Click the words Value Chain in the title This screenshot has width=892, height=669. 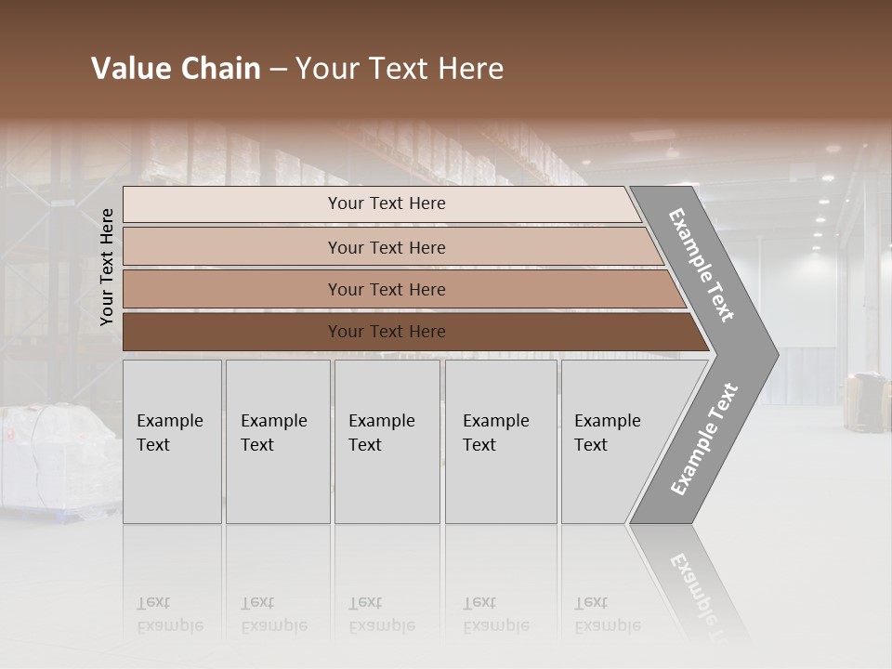coord(176,69)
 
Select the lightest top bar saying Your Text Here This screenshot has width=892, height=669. coord(387,203)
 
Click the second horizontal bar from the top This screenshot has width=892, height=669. coord(387,247)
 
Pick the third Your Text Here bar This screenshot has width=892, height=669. coord(387,290)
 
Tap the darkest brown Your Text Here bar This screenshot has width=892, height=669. coord(387,332)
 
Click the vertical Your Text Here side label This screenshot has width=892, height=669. coord(107,267)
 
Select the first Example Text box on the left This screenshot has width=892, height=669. coord(172,441)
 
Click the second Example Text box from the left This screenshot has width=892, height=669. coord(277,441)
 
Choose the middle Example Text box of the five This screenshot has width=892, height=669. coord(387,441)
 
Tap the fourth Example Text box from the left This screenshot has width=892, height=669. coord(500,441)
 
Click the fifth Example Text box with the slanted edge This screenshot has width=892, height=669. coord(613,441)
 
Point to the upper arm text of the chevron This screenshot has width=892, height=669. coord(702,265)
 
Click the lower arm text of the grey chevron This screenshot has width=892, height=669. coord(703,439)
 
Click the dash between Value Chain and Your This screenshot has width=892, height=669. coord(278,70)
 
